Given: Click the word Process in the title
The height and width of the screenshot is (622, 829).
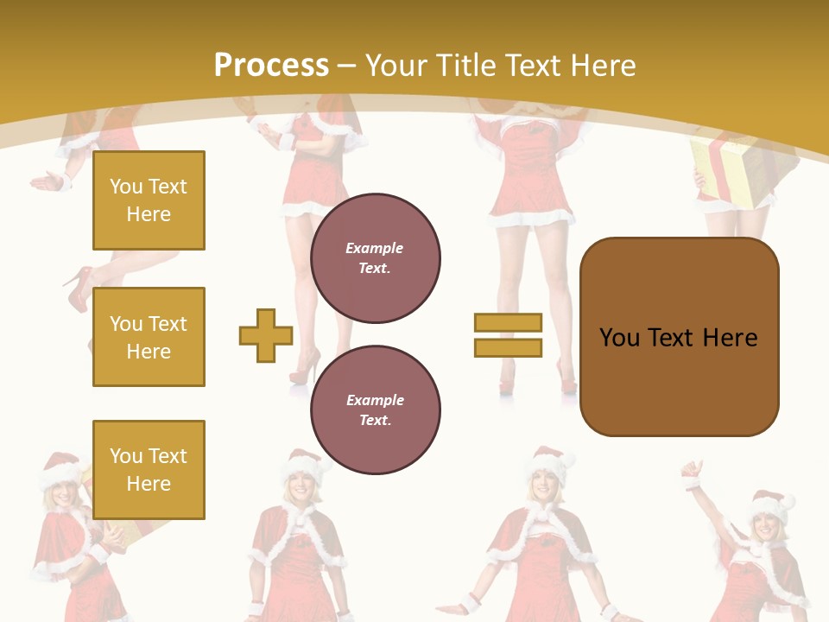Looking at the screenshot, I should point(271,66).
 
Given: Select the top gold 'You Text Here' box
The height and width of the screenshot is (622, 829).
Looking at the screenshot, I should point(149,200).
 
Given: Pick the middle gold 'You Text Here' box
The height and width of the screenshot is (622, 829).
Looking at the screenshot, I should point(149,337).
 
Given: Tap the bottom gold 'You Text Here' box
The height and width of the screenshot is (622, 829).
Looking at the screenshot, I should point(149,469).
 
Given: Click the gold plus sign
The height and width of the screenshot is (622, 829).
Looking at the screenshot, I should point(266,335).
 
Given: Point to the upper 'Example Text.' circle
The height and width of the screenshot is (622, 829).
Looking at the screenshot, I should point(375,258).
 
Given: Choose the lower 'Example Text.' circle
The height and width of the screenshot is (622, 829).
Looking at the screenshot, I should point(375,410).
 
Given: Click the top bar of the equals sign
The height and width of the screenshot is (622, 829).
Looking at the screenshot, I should point(508,322).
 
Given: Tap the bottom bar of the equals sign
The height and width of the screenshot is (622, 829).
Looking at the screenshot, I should point(508,347).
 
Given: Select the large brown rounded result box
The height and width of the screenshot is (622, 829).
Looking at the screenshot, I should point(679,337).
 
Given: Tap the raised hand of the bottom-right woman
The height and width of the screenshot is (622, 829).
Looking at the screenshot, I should point(692,472).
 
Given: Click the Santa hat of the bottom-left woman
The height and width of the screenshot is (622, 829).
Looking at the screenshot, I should point(59,466).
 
